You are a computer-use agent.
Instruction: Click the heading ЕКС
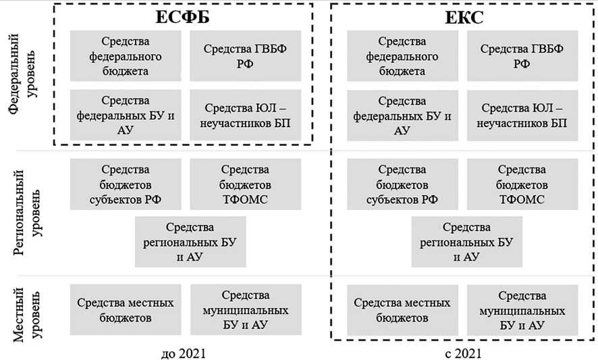(464, 18)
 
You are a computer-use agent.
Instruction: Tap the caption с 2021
(464, 352)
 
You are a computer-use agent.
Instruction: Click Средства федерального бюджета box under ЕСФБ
(126, 57)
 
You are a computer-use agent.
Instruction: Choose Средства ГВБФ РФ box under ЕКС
(521, 57)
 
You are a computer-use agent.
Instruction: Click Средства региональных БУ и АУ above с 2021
(466, 242)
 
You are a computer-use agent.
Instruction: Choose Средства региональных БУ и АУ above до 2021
(190, 242)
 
